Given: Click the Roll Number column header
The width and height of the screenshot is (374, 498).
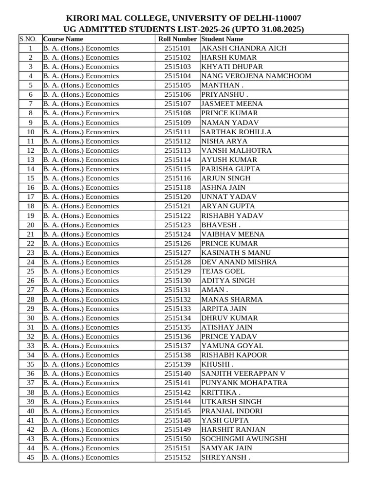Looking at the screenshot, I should [178, 39].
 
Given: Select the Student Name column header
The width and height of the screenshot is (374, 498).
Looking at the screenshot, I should [222, 39].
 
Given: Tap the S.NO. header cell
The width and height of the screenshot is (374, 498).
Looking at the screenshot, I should [30, 39].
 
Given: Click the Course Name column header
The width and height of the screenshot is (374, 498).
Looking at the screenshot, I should [63, 39].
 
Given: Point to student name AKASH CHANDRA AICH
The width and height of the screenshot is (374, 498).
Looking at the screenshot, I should [244, 48].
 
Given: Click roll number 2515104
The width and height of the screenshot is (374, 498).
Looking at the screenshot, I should [178, 76].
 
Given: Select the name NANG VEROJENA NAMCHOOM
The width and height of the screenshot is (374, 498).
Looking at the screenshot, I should [256, 76].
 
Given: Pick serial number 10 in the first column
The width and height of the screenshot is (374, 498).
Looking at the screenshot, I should [31, 132].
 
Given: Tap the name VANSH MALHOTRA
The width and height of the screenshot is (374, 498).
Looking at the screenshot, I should [237, 150].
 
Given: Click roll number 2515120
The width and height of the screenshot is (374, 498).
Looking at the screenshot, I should [178, 197].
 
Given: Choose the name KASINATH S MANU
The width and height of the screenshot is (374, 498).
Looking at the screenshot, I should [236, 253].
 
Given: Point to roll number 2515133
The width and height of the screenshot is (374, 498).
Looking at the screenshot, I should [178, 309].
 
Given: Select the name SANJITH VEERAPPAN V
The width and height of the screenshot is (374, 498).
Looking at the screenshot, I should [243, 373].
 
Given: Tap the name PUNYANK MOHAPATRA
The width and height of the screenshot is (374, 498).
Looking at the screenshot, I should [244, 383].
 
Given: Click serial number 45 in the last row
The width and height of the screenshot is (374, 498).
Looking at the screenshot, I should [31, 457].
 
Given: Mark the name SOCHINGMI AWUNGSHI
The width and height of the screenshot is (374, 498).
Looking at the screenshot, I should [244, 439].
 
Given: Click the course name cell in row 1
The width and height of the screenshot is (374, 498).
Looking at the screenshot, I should [81, 48].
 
